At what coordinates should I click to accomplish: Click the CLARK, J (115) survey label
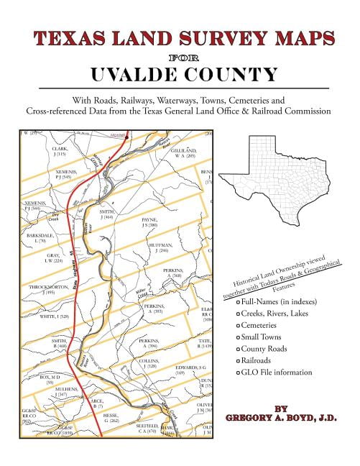60,152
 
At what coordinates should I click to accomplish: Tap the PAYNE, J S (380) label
149,222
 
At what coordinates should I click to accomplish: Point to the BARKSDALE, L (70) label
40,237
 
